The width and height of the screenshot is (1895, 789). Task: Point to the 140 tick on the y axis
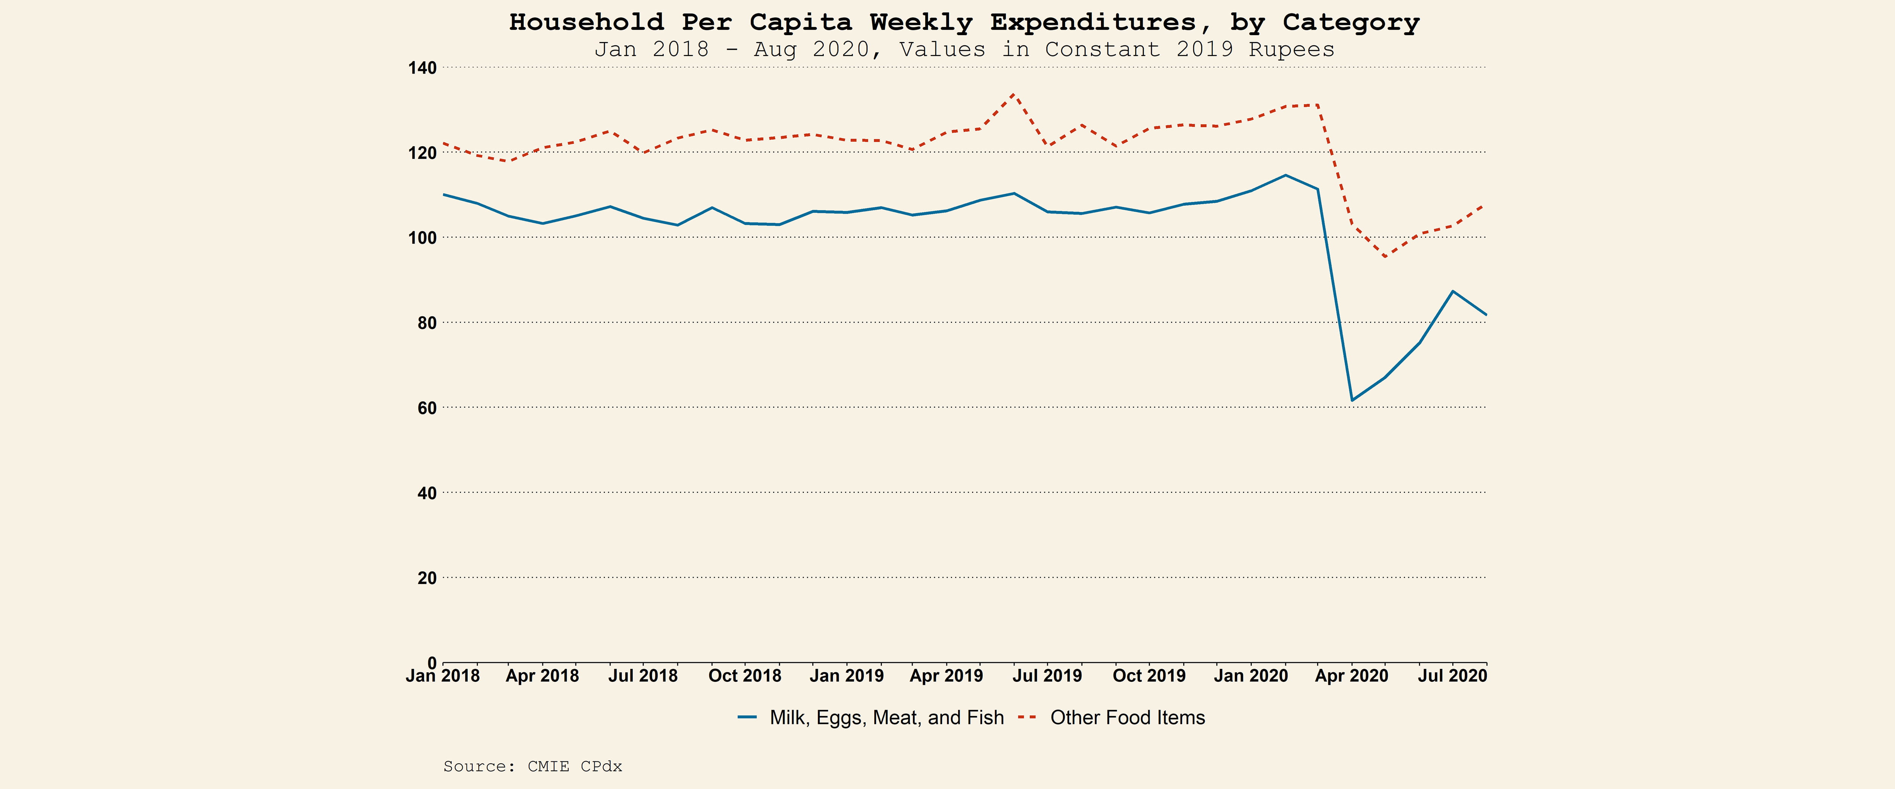coord(422,68)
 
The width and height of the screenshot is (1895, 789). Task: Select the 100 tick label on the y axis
coord(422,237)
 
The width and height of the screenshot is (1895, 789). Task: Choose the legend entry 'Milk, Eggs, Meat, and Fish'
coord(886,718)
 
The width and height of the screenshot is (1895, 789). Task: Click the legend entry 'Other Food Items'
coord(1127,718)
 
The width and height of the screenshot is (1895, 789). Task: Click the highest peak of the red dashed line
coord(1014,94)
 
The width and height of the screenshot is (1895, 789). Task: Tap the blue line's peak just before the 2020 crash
coord(1285,175)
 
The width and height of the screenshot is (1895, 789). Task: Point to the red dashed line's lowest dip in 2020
coord(1385,257)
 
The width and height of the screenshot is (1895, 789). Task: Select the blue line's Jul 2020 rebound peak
coord(1452,291)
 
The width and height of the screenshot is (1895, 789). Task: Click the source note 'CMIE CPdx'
coord(575,766)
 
